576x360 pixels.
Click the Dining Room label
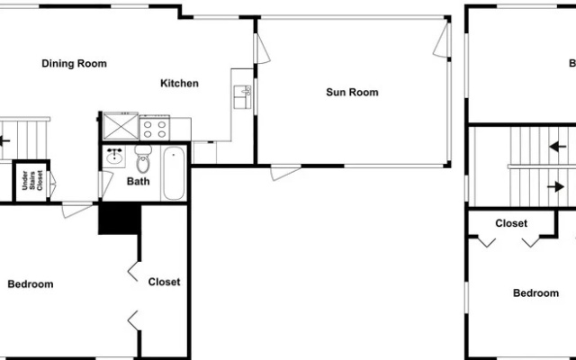74,64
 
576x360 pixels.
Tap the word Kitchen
180,84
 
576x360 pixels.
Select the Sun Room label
352,92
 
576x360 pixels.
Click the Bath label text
138,181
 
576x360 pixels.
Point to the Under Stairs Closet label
32,181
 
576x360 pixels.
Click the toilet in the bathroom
143,158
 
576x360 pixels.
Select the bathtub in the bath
174,174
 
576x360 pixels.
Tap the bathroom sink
114,156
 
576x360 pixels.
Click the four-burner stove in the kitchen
155,129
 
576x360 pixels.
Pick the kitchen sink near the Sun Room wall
242,97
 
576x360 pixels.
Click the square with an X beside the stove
121,126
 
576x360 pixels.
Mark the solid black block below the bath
120,220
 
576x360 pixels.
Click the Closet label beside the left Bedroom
164,282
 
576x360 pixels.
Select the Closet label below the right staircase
511,223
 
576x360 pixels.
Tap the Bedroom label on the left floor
31,284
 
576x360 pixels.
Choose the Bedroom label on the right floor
536,293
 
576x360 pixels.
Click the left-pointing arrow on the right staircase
558,147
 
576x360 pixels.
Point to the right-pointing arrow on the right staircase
555,187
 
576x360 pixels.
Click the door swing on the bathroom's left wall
105,184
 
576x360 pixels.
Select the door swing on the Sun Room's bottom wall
286,173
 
